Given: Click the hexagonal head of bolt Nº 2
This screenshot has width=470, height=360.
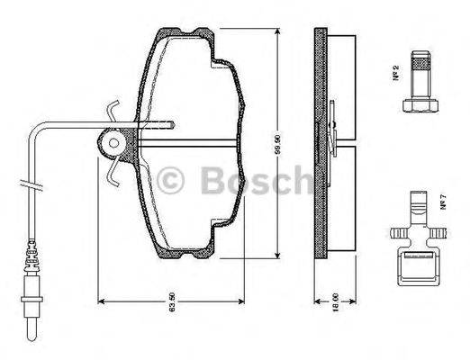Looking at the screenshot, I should pyautogui.click(x=413, y=105).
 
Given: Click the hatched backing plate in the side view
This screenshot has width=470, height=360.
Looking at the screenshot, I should pyautogui.click(x=320, y=144).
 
